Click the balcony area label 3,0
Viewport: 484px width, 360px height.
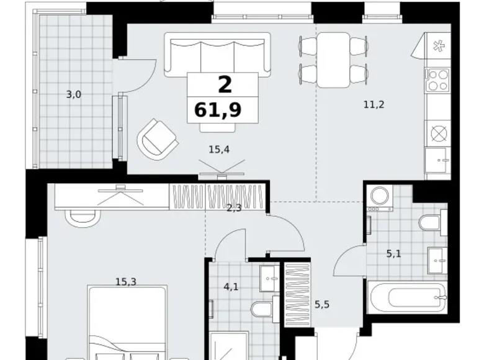[x=74, y=94]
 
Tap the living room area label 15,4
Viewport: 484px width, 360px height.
[x=219, y=150]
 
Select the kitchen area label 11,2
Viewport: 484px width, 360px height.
[x=374, y=105]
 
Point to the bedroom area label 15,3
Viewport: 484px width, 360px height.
[x=126, y=282]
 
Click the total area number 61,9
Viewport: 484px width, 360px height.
[x=218, y=110]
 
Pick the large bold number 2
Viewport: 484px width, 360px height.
[x=225, y=84]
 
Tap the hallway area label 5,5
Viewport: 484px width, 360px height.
[x=322, y=305]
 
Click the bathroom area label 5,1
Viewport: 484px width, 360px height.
[x=394, y=254]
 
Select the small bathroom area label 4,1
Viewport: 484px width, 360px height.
[x=231, y=287]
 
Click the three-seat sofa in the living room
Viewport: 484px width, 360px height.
[x=217, y=55]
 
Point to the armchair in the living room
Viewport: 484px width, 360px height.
[x=158, y=140]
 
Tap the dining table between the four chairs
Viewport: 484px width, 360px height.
[x=333, y=60]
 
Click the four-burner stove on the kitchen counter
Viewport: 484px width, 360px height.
[x=437, y=79]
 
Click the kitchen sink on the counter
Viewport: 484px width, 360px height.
[x=436, y=160]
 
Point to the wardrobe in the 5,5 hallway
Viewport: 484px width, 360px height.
[x=298, y=294]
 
